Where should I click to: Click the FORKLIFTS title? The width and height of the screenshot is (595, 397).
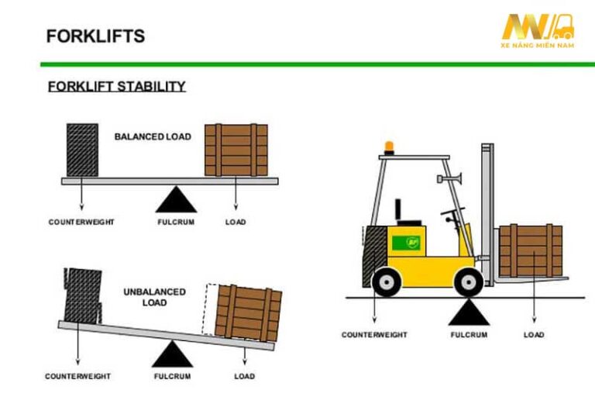click(x=95, y=36)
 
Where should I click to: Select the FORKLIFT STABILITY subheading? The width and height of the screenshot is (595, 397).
click(x=117, y=86)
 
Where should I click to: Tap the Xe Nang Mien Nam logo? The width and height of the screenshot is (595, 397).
click(x=538, y=31)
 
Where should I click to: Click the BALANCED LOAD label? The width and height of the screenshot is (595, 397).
click(x=153, y=136)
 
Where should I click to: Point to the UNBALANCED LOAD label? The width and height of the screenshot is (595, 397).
click(x=154, y=297)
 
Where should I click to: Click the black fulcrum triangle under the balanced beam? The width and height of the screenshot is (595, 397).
click(x=176, y=199)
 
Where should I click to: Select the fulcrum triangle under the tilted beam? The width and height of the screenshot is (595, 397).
click(x=172, y=354)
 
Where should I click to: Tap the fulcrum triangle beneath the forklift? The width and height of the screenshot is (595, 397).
click(x=469, y=312)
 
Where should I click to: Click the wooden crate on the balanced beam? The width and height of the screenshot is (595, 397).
click(x=236, y=150)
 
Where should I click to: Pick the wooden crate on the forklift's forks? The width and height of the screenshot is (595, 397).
click(x=531, y=250)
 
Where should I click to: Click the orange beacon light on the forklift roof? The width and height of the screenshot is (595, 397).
click(x=389, y=148)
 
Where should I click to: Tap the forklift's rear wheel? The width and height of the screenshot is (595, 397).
click(x=387, y=282)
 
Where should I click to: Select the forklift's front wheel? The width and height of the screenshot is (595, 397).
click(x=469, y=282)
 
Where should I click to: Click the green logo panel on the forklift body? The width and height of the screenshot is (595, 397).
click(x=407, y=243)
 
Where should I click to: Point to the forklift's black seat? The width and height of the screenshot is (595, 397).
click(x=407, y=214)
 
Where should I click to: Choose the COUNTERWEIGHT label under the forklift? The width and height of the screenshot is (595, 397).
click(x=374, y=335)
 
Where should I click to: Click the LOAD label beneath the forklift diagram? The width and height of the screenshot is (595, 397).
click(x=534, y=335)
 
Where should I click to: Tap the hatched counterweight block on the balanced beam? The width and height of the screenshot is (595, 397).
click(x=82, y=150)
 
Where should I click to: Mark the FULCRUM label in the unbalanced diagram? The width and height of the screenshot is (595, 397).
click(x=172, y=376)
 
